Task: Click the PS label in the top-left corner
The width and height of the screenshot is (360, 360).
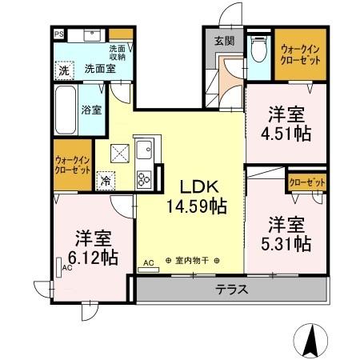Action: (59, 34)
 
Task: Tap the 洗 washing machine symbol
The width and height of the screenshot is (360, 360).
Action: (64, 70)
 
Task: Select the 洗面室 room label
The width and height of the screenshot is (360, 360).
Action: (99, 70)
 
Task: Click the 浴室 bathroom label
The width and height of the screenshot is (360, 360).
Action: (90, 110)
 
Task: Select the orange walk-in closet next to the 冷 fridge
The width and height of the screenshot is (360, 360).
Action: (71, 164)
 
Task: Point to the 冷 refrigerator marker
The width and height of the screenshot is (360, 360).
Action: (105, 180)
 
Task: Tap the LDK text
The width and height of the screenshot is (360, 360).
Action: (194, 186)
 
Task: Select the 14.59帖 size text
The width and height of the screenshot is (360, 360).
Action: (196, 206)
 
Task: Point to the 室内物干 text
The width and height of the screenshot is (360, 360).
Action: (193, 261)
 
